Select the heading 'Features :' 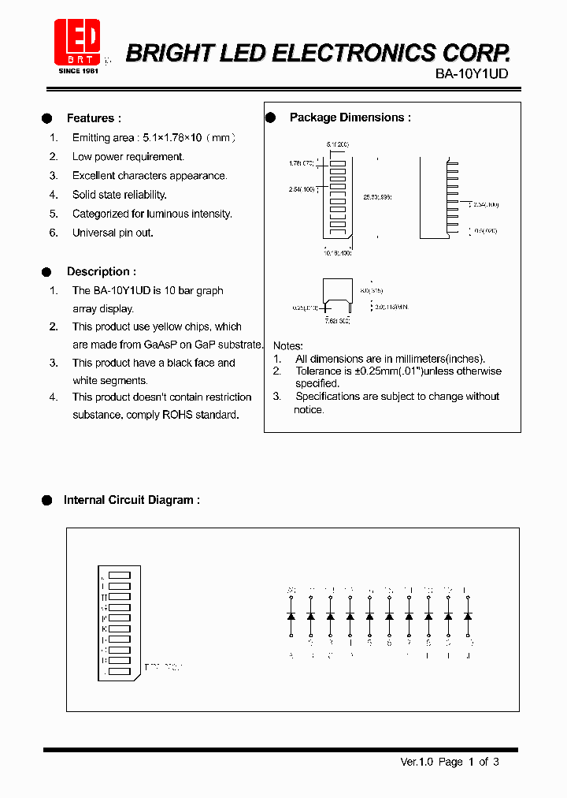[x=94, y=118]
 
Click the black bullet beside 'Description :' [x=46, y=271]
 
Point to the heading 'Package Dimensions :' [x=350, y=117]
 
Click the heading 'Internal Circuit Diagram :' [x=132, y=500]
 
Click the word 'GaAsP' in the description [x=161, y=345]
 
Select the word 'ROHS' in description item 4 [x=179, y=415]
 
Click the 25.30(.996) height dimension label [x=376, y=197]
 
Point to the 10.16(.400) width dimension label [x=336, y=253]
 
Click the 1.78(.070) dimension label [x=302, y=163]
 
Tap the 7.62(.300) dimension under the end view [x=337, y=321]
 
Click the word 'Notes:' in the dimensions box [x=287, y=346]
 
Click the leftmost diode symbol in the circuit [x=291, y=614]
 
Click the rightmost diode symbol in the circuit [x=468, y=614]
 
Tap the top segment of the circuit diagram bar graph [x=119, y=576]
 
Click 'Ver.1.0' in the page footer [x=417, y=762]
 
